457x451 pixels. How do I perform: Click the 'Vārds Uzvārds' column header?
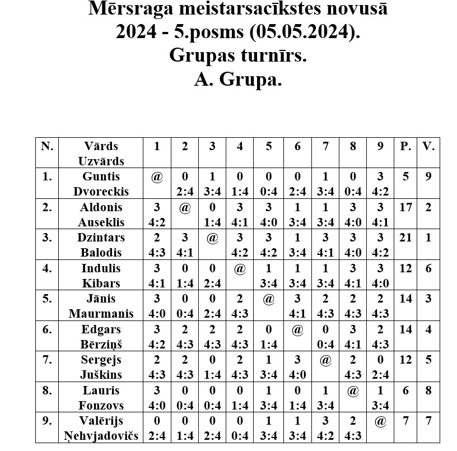coord(101,153)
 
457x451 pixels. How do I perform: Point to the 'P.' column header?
coord(405,146)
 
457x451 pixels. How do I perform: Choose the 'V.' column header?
coord(429,146)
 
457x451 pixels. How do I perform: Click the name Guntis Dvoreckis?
coord(101,184)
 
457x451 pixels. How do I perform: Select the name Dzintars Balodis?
coord(101,244)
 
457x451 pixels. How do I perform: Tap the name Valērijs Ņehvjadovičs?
coord(101,428)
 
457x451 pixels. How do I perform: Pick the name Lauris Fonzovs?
coord(101,397)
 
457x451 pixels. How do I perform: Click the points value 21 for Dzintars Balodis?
coord(405,238)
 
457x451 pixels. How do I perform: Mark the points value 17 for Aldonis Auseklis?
coord(405,207)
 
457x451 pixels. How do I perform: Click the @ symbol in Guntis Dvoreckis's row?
coord(157,177)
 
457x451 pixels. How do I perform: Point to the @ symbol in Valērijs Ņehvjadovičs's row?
coord(381,421)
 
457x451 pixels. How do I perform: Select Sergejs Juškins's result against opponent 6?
coord(297,367)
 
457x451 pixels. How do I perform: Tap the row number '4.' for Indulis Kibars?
coord(48,268)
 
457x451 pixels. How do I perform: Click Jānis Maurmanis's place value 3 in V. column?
coord(429,299)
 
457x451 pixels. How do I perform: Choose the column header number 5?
coord(269,146)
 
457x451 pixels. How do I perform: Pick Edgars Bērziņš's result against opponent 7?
coord(325,336)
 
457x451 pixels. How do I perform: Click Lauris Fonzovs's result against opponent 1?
coord(157,397)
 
